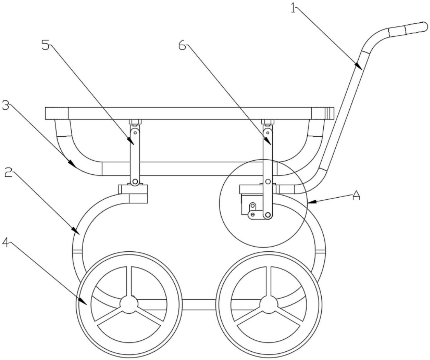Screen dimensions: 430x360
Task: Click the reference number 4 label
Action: coord(6,243)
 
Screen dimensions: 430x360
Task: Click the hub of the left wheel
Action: coord(129,304)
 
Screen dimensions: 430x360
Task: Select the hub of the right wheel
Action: coord(268,304)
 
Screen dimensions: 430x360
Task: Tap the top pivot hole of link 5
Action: coord(135,133)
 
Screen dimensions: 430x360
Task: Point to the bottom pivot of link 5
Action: coord(135,181)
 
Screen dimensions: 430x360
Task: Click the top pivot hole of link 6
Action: coord(268,133)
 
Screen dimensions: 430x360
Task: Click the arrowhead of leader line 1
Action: coord(359,67)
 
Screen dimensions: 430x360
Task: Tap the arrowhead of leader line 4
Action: coord(83,300)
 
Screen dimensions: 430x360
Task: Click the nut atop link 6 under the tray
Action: coord(268,122)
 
